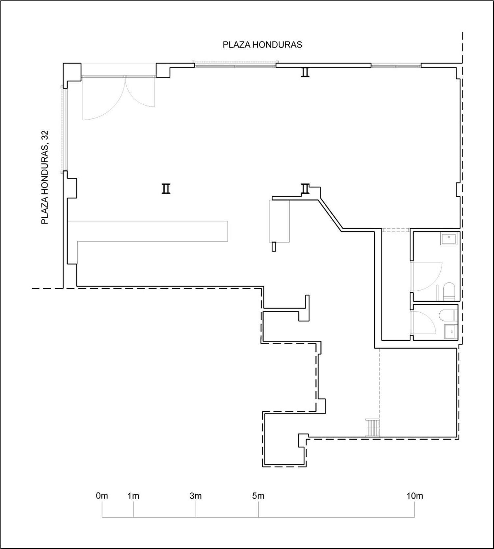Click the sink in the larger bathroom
pos(449,239)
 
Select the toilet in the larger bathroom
pos(449,291)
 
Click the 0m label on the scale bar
pos(102,496)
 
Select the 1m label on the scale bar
pos(133,496)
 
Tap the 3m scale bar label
pos(196,496)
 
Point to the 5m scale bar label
pos(258,496)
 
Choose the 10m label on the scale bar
pos(415,496)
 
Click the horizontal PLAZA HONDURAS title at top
pos(262,45)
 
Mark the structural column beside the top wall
pos(305,72)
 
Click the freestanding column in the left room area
pos(166,189)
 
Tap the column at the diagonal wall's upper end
pos(305,189)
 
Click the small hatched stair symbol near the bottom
pos(372,427)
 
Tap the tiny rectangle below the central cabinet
pos(274,247)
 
